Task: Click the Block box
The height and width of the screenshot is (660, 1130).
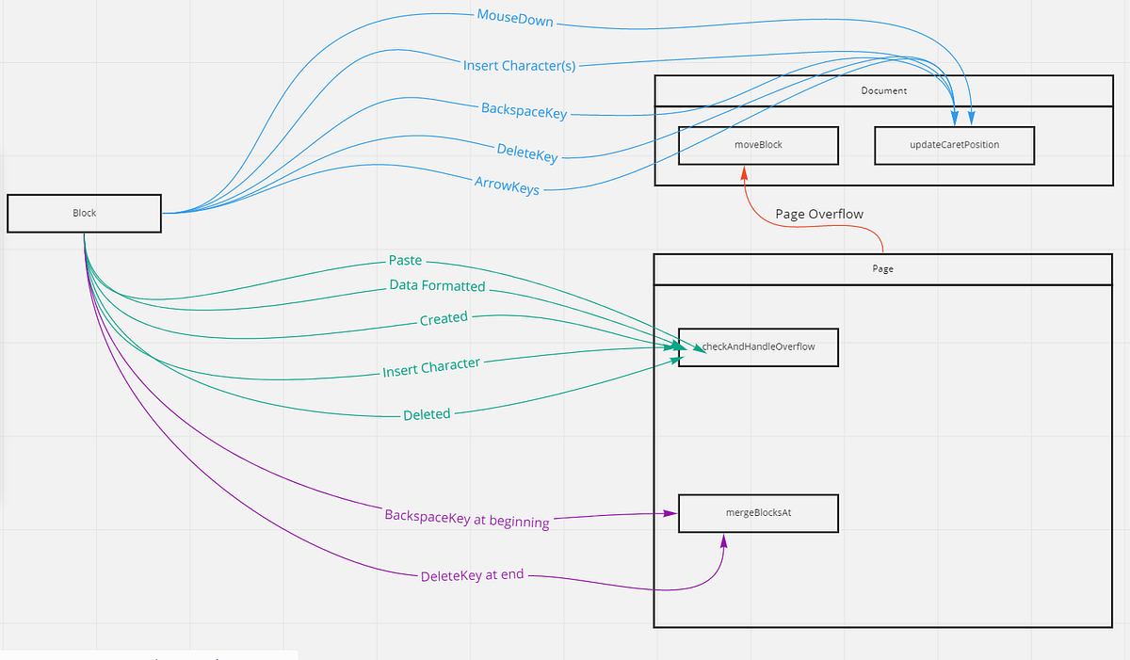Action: point(85,213)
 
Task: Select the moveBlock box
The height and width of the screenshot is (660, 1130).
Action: point(758,146)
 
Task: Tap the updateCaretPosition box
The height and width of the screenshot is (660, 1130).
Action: point(954,146)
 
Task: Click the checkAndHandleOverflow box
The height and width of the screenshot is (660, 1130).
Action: point(758,346)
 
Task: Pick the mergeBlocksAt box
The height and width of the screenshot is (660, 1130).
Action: point(758,514)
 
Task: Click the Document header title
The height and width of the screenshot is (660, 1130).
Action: point(883,91)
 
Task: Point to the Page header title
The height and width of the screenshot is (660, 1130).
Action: point(882,268)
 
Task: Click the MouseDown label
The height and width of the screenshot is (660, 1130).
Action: point(515,18)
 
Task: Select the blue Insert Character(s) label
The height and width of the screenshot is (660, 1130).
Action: point(519,65)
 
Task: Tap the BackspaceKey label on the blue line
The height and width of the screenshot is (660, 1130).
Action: point(524,111)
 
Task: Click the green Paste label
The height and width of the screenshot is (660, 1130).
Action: point(405,261)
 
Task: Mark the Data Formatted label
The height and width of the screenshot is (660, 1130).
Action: point(437,285)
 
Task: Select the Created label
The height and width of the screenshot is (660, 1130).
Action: point(444,318)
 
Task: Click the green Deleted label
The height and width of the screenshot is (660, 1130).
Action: point(427,414)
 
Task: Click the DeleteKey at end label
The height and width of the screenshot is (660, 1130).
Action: point(472,574)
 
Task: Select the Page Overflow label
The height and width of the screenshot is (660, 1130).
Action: point(819,214)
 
